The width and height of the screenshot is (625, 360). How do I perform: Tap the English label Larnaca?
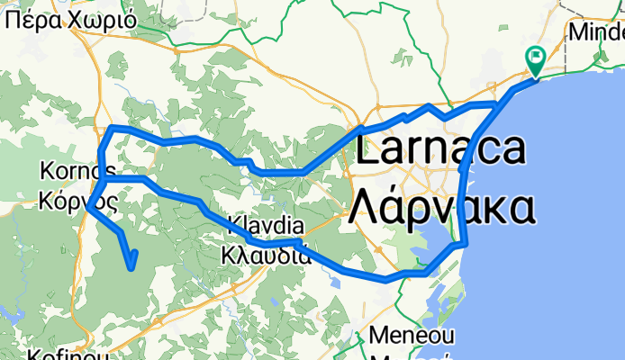tap(441, 148)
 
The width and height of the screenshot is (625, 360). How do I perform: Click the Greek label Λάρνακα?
tap(441, 206)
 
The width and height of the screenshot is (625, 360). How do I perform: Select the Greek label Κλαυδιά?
tap(266, 255)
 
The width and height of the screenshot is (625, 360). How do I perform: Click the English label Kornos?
tap(77, 170)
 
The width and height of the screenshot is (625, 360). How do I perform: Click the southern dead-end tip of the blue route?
tap(132, 267)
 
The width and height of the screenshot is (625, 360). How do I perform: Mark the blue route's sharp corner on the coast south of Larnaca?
tap(466, 243)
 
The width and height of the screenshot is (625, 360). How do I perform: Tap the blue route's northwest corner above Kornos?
tap(110, 129)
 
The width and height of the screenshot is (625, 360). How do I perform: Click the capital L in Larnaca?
tap(367, 148)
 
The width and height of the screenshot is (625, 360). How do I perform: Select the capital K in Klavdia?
tap(235, 226)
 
